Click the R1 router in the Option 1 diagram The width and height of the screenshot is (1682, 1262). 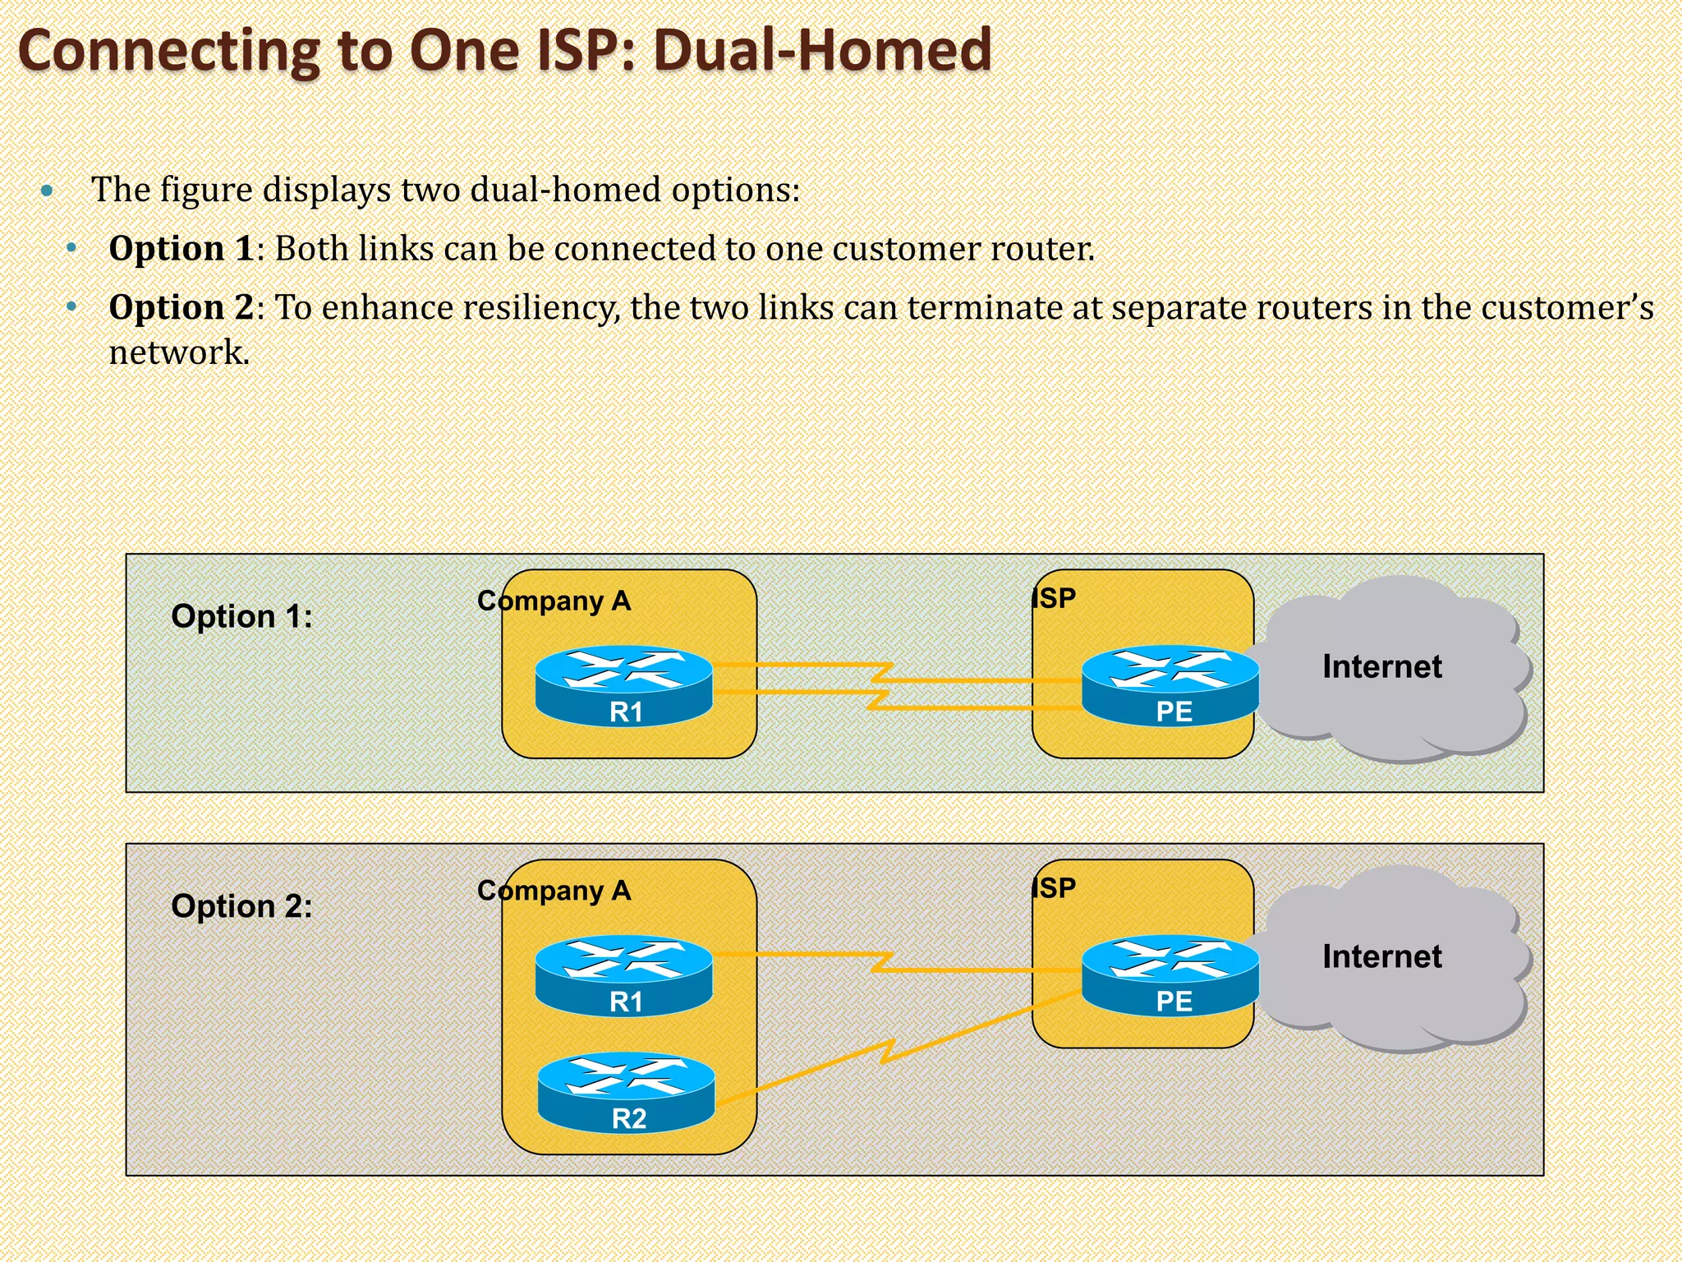coord(624,685)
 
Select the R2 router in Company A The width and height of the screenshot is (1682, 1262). coord(627,1092)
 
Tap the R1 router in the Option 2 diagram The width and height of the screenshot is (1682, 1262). coord(624,975)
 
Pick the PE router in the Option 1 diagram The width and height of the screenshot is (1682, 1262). coord(1170,685)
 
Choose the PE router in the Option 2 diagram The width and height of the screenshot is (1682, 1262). coord(1170,975)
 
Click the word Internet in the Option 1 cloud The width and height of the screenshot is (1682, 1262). coord(1381,666)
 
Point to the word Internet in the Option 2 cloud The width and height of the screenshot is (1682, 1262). coord(1381,956)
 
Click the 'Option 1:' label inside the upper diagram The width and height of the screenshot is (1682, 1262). coord(241,616)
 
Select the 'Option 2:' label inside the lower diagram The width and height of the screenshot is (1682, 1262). coord(241,906)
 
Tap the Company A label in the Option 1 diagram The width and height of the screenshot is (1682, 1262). coord(554,601)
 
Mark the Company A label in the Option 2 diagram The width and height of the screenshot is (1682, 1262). coord(554,891)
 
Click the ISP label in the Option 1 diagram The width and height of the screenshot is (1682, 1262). coord(1055,598)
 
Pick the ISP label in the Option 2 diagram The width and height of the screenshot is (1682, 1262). coord(1055,888)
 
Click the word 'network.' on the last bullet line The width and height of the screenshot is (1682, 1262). coord(179,352)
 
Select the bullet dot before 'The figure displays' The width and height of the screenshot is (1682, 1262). coord(47,191)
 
